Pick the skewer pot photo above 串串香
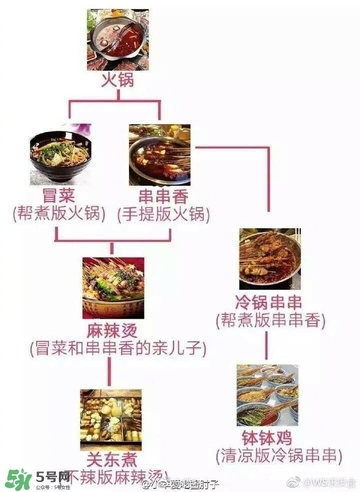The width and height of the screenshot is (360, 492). (x=160, y=152)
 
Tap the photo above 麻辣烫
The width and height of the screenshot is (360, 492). (x=113, y=288)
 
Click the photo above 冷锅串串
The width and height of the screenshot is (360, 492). (x=270, y=259)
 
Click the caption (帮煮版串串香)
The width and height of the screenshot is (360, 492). (x=270, y=319)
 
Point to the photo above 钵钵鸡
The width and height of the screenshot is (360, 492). (x=269, y=394)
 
